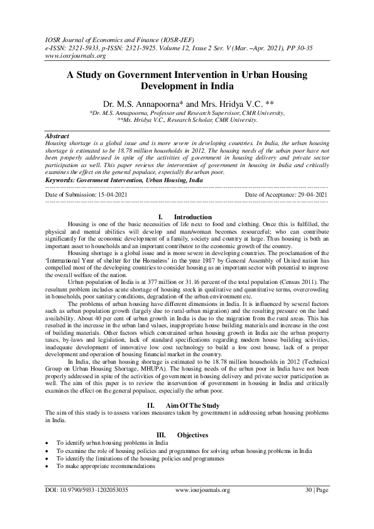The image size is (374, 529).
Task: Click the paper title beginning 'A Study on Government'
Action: click(x=187, y=80)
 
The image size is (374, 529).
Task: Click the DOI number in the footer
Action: click(x=87, y=507)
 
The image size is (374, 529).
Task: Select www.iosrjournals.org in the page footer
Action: click(x=202, y=507)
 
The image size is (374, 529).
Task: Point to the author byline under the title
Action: click(x=187, y=103)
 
